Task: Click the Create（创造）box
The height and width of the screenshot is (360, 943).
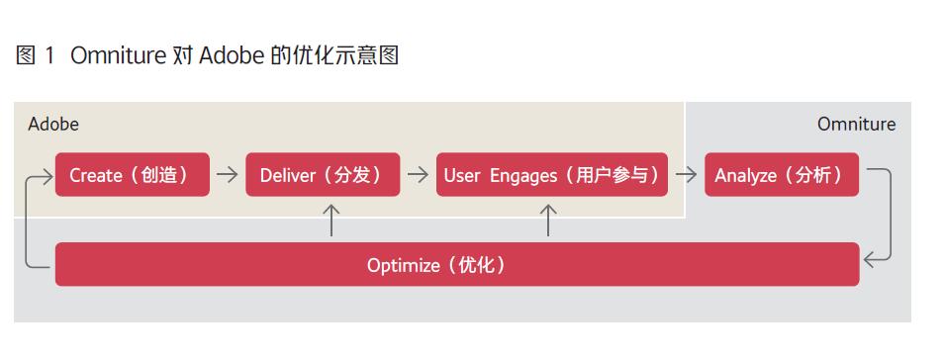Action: coord(132,175)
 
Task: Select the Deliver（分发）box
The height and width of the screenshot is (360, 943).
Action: coord(323,175)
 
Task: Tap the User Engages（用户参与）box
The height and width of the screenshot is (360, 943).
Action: coord(551,175)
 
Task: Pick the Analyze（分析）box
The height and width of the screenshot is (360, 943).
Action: coord(781,175)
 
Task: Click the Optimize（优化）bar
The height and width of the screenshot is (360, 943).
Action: coord(456,265)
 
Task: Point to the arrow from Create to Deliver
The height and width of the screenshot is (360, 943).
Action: coord(228,175)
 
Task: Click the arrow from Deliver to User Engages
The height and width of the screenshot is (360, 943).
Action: coord(418,175)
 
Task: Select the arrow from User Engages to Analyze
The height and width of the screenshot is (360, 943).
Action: coord(685,175)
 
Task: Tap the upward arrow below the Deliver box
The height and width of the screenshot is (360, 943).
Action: coord(332,220)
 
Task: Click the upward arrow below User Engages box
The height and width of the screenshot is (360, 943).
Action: coord(548,220)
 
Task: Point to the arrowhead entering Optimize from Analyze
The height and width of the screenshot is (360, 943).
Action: coord(870,260)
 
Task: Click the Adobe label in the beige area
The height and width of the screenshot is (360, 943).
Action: coord(53,125)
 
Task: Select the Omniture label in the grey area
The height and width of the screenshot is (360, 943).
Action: coord(856,125)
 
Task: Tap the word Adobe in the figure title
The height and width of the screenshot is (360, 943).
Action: coord(231,56)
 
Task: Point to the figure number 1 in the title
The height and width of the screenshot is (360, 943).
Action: coord(49,56)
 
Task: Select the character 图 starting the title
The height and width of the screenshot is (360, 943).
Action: coord(26,56)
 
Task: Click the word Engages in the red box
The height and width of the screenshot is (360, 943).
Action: coord(523,176)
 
